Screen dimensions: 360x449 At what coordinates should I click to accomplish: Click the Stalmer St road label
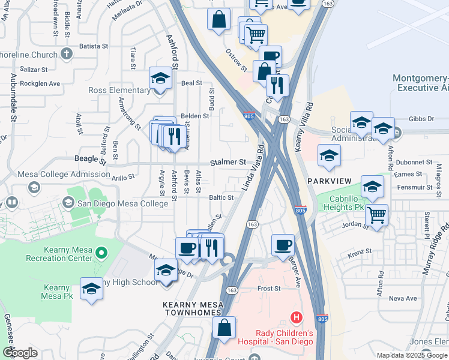(x=228, y=163)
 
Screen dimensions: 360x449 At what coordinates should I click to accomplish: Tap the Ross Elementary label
(x=119, y=91)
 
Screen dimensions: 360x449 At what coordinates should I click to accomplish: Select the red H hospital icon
(x=295, y=317)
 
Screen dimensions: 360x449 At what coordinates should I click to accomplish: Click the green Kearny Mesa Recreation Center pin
(x=101, y=254)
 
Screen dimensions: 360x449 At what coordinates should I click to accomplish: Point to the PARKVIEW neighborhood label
(x=328, y=181)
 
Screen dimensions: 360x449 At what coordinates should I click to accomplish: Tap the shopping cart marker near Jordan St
(x=376, y=214)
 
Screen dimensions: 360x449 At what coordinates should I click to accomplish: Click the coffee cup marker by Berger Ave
(x=283, y=245)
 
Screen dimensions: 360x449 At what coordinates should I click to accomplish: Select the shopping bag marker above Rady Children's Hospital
(x=224, y=328)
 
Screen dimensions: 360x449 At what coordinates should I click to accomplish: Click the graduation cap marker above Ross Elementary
(x=160, y=79)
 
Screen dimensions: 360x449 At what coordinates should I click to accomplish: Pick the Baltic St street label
(x=221, y=197)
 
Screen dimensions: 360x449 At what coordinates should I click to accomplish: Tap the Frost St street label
(x=269, y=289)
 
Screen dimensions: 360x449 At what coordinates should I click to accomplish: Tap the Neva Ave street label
(x=402, y=298)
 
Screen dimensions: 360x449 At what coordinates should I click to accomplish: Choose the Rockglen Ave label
(x=40, y=83)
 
